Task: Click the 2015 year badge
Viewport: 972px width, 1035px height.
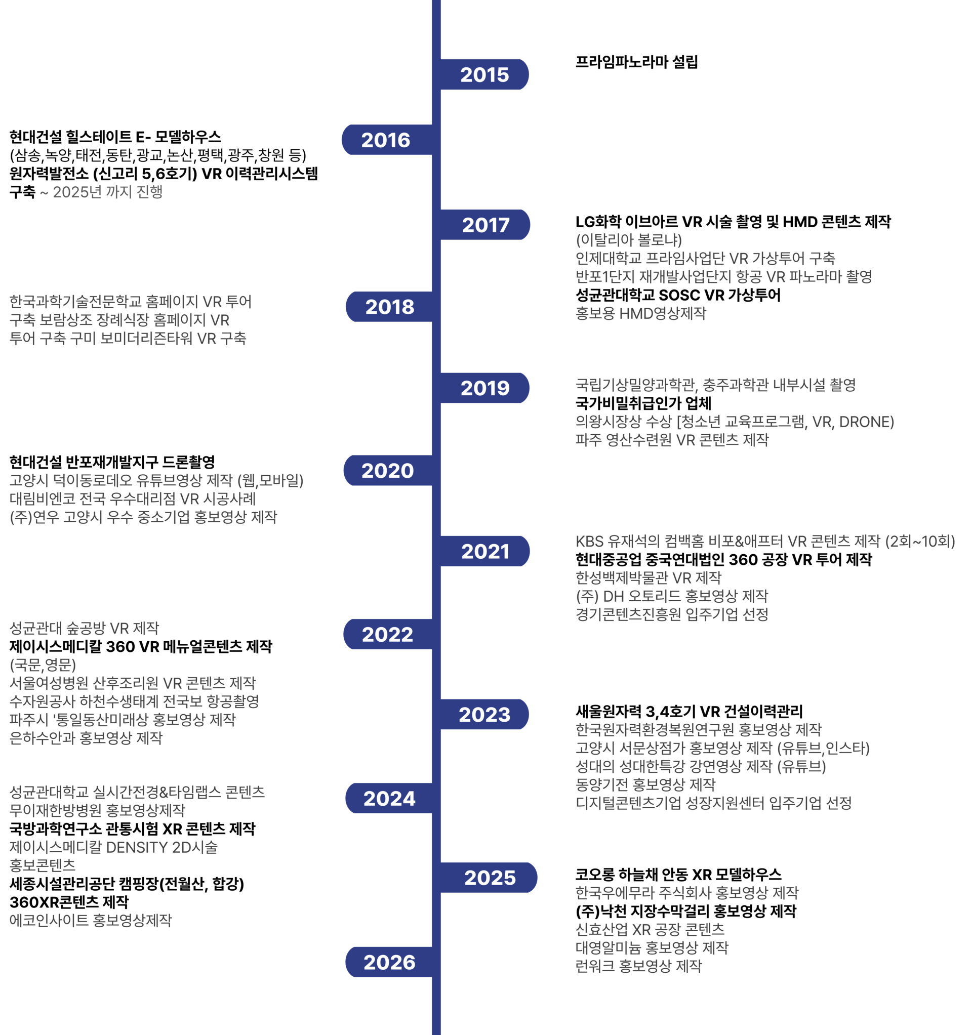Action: tap(484, 74)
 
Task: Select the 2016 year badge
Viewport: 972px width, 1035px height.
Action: tap(386, 140)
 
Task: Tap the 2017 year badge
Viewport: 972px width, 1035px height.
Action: tap(485, 225)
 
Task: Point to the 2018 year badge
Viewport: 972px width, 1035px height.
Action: tap(390, 307)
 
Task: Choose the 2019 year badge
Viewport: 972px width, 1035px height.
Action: tap(485, 388)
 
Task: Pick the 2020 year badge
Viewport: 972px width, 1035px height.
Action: tap(388, 471)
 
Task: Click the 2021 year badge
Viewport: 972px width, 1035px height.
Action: tap(485, 551)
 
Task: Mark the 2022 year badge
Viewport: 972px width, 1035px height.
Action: tap(388, 634)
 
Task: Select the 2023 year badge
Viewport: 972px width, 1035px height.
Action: tap(484, 714)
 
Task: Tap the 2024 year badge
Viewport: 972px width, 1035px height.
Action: tap(389, 798)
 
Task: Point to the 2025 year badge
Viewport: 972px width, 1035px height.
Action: tap(490, 878)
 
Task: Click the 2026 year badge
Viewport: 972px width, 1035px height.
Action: tap(389, 962)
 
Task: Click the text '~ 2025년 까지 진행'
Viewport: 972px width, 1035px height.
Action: tap(101, 192)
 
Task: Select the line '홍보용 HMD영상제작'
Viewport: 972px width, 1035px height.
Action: tap(640, 313)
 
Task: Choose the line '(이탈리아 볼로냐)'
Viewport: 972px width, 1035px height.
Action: tap(628, 240)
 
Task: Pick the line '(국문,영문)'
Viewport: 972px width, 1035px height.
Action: tap(43, 665)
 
